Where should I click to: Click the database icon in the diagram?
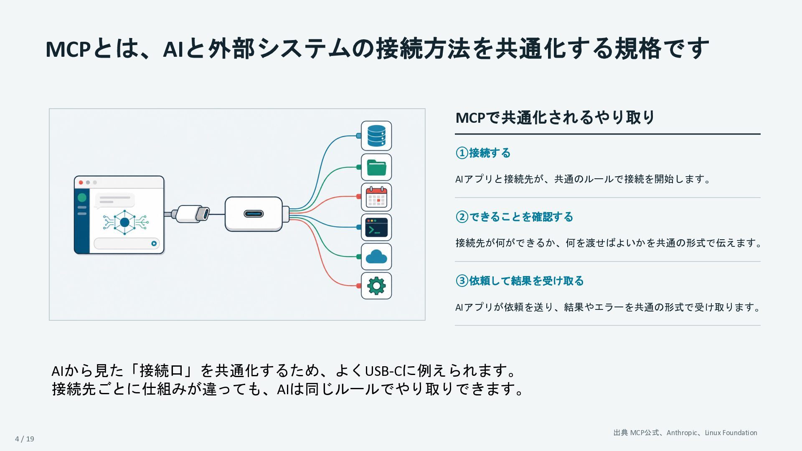pyautogui.click(x=376, y=136)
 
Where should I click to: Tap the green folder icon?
pyautogui.click(x=376, y=167)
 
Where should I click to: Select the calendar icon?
pyautogui.click(x=376, y=197)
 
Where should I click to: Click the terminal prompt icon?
pyautogui.click(x=376, y=228)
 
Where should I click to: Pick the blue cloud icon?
pyautogui.click(x=376, y=256)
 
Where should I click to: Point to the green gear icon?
pyautogui.click(x=376, y=286)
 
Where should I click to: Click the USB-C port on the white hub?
pyautogui.click(x=254, y=214)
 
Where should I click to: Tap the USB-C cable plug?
pyautogui.click(x=192, y=214)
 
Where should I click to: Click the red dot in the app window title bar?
pyautogui.click(x=81, y=182)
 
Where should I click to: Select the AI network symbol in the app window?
pyautogui.click(x=125, y=223)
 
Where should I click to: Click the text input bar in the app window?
pyautogui.click(x=127, y=243)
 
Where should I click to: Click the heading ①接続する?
pyautogui.click(x=483, y=153)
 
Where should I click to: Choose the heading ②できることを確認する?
pyautogui.click(x=514, y=217)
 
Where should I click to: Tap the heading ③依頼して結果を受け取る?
pyautogui.click(x=519, y=281)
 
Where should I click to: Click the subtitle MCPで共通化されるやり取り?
pyautogui.click(x=555, y=117)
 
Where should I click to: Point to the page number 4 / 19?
pyautogui.click(x=25, y=438)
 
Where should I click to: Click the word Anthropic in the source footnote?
pyautogui.click(x=682, y=433)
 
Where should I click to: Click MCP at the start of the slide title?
pyautogui.click(x=68, y=49)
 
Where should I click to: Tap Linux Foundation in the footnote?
pyautogui.click(x=731, y=433)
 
